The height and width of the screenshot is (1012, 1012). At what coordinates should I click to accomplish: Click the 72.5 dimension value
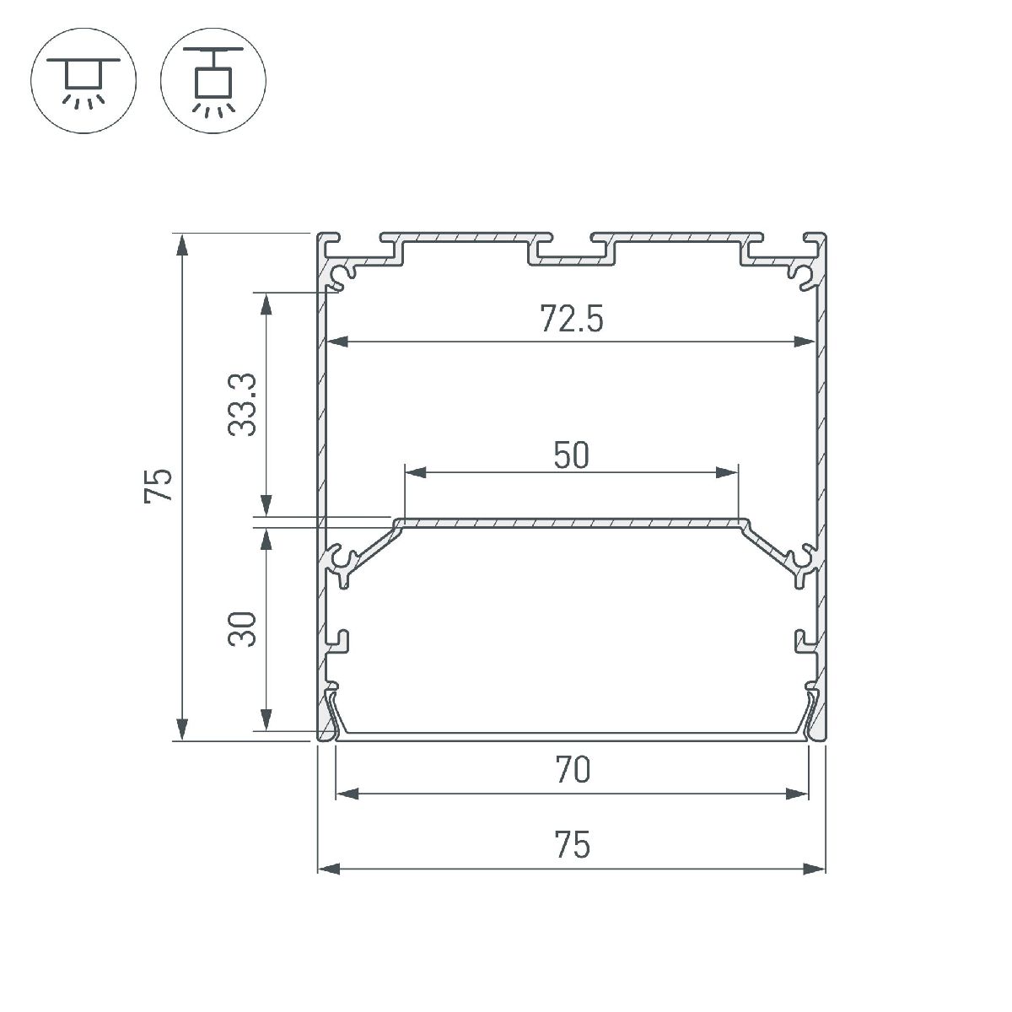coord(572,320)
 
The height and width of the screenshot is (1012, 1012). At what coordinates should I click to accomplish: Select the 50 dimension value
coord(572,456)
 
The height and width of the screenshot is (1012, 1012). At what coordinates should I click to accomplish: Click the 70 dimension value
coord(572,771)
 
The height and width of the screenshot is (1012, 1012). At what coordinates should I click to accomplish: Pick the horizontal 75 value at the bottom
coord(572,845)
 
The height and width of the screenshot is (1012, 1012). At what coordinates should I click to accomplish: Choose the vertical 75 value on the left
coord(159,486)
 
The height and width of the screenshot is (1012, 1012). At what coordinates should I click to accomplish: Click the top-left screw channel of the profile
coord(343,274)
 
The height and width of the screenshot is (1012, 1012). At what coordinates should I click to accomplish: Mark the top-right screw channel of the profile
coord(800,274)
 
